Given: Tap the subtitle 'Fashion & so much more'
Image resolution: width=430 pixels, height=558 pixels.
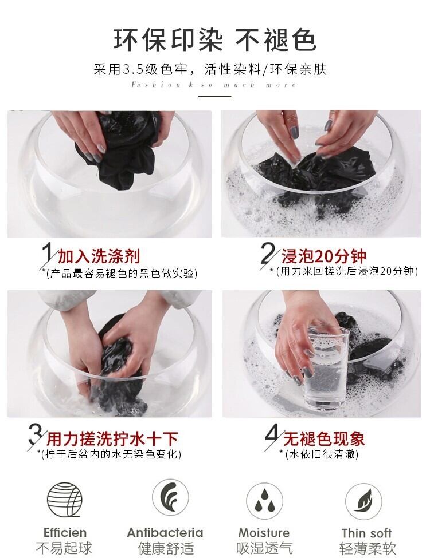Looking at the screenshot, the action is pyautogui.click(x=214, y=85).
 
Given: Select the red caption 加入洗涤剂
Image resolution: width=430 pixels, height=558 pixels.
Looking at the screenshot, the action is pyautogui.click(x=99, y=256).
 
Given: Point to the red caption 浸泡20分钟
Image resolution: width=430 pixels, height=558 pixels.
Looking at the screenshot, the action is pyautogui.click(x=324, y=256).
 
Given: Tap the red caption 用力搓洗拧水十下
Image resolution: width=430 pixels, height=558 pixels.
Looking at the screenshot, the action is pyautogui.click(x=112, y=439).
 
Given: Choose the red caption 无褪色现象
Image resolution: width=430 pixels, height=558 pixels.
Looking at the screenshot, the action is pyautogui.click(x=324, y=439).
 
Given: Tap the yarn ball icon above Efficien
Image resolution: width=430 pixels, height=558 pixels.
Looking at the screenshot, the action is pyautogui.click(x=65, y=500).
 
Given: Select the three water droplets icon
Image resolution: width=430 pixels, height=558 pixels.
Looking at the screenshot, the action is pyautogui.click(x=264, y=501).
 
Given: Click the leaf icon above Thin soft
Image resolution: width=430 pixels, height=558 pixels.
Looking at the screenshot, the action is pyautogui.click(x=363, y=501).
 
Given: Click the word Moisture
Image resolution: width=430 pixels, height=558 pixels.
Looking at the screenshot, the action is pyautogui.click(x=264, y=533).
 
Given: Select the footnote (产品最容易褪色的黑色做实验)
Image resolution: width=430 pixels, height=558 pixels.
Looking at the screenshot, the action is pyautogui.click(x=122, y=274).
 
